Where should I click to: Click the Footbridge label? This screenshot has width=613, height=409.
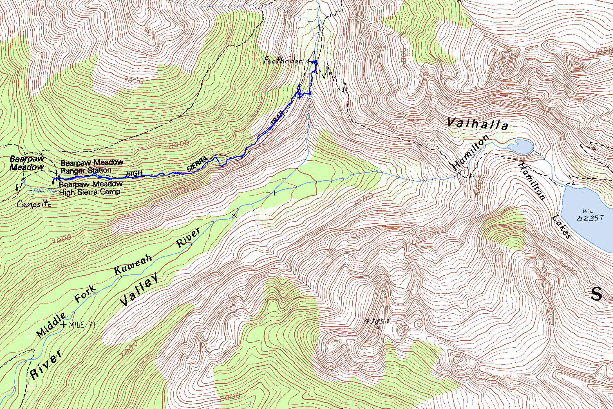pyautogui.click(x=283, y=61)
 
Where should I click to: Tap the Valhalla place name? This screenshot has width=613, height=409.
pyautogui.click(x=477, y=123)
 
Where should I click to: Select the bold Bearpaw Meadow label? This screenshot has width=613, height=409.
pyautogui.click(x=27, y=163)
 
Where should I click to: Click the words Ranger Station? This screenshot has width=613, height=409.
pyautogui.click(x=86, y=170)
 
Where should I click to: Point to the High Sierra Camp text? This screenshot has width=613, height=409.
pyautogui.click(x=90, y=192)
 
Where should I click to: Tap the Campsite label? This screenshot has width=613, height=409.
pyautogui.click(x=34, y=204)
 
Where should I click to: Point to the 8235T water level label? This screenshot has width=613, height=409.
pyautogui.click(x=590, y=218)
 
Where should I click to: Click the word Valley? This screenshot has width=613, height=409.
pyautogui.click(x=139, y=291)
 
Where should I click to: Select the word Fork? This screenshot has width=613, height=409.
pyautogui.click(x=85, y=294)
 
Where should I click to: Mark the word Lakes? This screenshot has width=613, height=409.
pyautogui.click(x=561, y=227)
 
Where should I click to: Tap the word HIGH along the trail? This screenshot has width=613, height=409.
pyautogui.click(x=134, y=173)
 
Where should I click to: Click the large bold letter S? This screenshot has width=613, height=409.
pyautogui.click(x=597, y=294)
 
